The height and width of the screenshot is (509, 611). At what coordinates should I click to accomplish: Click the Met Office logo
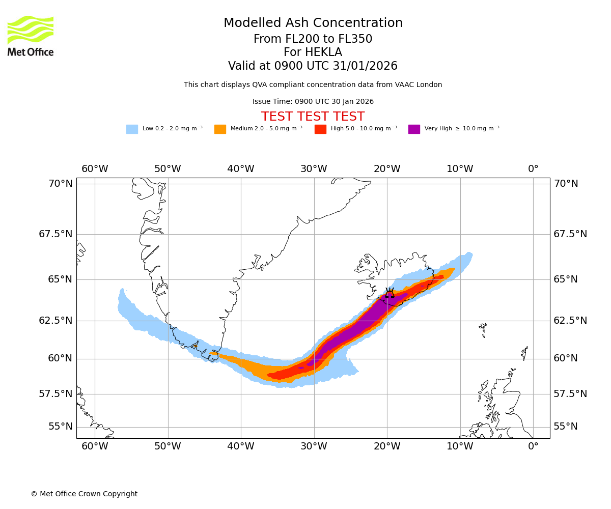pyautogui.click(x=31, y=36)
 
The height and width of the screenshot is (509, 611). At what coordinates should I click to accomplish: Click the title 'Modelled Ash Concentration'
pyautogui.click(x=313, y=23)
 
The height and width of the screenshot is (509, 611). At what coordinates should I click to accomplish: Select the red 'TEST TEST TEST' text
pyautogui.click(x=313, y=117)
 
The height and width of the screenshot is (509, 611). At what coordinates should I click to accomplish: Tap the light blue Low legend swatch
pyautogui.click(x=132, y=129)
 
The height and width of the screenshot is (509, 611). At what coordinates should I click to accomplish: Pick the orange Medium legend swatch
pyautogui.click(x=220, y=129)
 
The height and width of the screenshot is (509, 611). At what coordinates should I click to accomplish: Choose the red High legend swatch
pyautogui.click(x=320, y=129)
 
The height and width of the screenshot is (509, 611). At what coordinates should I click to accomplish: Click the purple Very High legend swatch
pyautogui.click(x=414, y=129)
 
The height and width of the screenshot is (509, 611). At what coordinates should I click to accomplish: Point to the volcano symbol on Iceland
pyautogui.click(x=390, y=293)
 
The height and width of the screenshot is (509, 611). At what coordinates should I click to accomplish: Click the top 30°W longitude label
pyautogui.click(x=314, y=169)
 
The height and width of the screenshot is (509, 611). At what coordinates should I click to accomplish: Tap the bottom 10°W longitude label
pyautogui.click(x=460, y=447)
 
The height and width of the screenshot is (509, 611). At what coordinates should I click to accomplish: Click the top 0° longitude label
pyautogui.click(x=533, y=169)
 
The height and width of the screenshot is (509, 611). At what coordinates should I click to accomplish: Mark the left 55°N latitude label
pyautogui.click(x=61, y=427)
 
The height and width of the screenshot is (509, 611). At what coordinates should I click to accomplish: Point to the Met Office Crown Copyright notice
pyautogui.click(x=84, y=494)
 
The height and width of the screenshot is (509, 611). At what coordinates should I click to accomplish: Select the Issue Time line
pyautogui.click(x=313, y=102)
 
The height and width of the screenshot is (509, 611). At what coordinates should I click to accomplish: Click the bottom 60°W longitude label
pyautogui.click(x=95, y=447)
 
